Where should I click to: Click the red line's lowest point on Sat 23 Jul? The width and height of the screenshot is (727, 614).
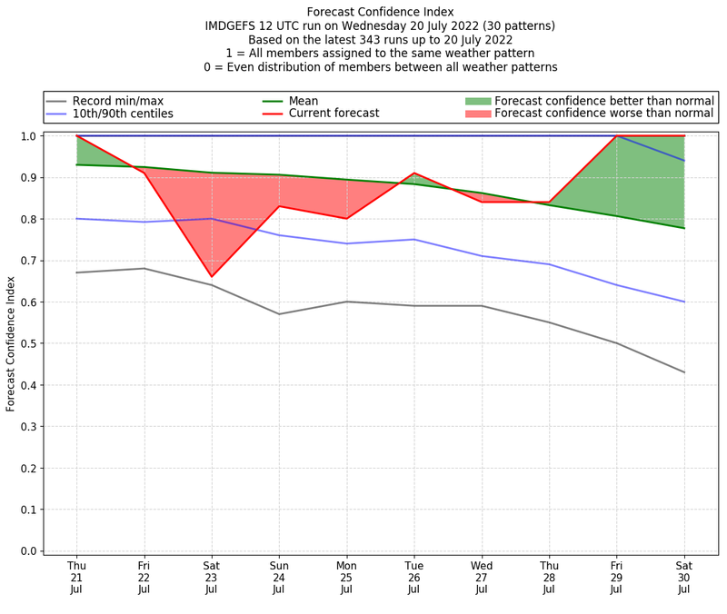click(212, 276)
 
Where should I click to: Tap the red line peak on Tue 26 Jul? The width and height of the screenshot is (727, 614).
click(414, 173)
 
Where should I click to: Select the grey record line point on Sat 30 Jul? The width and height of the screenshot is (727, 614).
click(684, 372)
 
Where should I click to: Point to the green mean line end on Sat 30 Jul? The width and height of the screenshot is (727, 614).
click(684, 228)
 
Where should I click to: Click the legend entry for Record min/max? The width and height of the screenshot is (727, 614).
click(117, 101)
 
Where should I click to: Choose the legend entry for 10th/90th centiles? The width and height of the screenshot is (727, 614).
click(123, 114)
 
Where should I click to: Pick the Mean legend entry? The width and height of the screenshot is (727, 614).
click(304, 101)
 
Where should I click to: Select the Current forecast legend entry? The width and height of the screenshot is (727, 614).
click(334, 114)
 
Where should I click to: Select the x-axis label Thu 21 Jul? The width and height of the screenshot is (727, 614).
click(76, 577)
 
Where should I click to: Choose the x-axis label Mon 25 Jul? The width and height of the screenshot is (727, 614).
click(346, 577)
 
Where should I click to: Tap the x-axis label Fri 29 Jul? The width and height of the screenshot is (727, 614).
click(616, 577)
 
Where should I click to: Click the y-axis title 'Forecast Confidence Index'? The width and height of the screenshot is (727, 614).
click(11, 343)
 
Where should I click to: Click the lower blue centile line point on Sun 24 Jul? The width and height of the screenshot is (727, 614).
click(279, 235)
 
